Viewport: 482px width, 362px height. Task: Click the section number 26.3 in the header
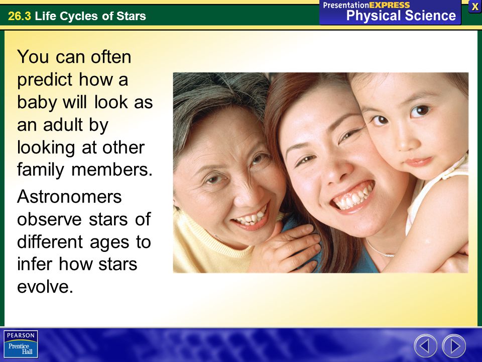coord(20,16)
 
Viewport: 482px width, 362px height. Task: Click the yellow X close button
coord(475,7)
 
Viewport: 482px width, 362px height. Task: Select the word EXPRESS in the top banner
coord(390,5)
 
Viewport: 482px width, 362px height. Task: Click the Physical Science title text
coord(401,16)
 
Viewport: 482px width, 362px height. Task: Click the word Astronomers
coord(69,197)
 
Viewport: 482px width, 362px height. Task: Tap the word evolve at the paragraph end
coord(45,287)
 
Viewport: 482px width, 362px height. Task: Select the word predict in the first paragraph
coord(45,80)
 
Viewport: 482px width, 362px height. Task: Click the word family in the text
coord(41,170)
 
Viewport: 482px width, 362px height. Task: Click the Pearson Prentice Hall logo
coord(21,344)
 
